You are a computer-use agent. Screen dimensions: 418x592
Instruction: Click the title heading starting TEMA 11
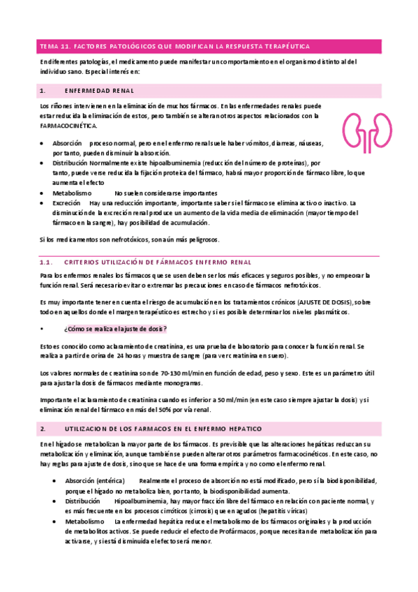pyautogui.click(x=175, y=46)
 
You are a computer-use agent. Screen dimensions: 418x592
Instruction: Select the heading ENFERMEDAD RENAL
pyautogui.click(x=99, y=91)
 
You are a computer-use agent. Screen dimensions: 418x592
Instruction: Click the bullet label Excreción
pyautogui.click(x=66, y=203)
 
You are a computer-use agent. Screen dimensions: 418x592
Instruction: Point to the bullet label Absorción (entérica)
pyautogui.click(x=94, y=481)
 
